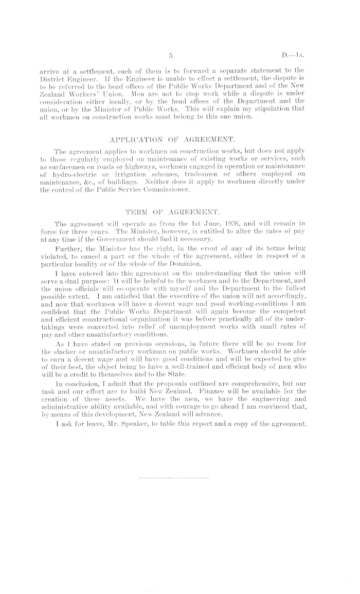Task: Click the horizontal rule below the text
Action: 175,478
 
